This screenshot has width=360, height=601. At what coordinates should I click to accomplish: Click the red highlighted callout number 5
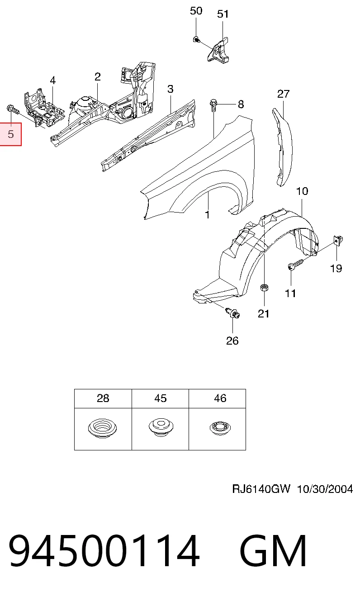10,134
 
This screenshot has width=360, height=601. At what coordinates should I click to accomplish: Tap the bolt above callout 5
12,110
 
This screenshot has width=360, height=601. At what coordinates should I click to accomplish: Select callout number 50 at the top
196,11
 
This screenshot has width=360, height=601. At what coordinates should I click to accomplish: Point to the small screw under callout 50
196,40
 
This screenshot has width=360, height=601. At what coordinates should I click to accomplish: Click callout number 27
283,94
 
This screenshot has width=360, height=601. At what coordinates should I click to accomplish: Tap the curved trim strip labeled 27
283,146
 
